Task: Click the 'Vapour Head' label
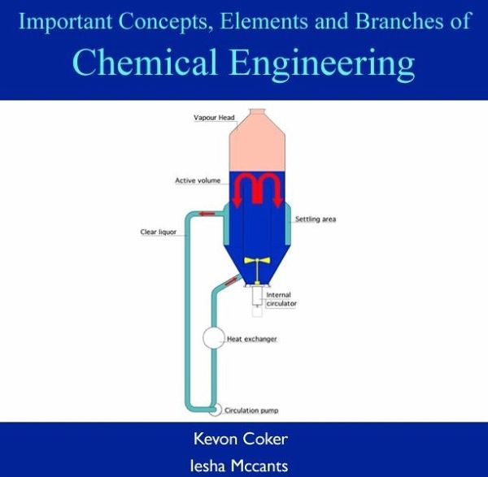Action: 214,118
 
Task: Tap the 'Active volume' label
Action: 198,180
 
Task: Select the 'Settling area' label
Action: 316,219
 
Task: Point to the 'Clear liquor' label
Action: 159,232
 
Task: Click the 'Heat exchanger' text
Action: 252,339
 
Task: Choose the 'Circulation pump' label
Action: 251,410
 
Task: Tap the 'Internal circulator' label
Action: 281,299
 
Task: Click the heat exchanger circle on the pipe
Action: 213,338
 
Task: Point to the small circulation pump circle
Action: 215,410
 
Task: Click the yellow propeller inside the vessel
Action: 257,261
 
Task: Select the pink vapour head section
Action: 257,141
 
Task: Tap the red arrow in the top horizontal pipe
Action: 207,214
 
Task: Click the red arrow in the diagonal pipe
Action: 231,282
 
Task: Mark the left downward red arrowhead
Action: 237,202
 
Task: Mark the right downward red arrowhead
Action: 278,202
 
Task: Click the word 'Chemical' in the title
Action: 145,62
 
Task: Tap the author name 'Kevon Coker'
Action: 241,439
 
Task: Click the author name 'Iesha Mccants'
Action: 239,466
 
